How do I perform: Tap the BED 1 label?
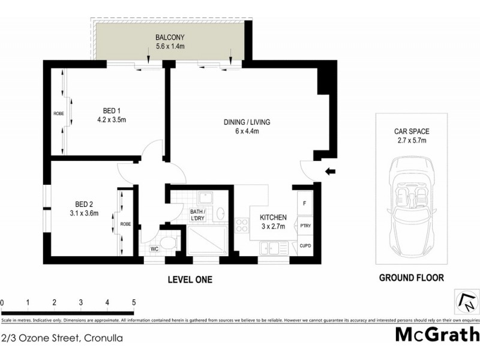tap(112, 111)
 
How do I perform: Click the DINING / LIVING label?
tap(247, 122)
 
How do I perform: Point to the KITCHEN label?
tap(272, 217)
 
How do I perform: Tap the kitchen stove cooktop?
tap(244, 226)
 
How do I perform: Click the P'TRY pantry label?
tap(305, 226)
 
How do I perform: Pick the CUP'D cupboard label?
tap(305, 246)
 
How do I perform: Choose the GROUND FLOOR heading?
tap(411, 278)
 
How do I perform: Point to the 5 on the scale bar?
tap(134, 302)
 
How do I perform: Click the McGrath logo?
tap(436, 335)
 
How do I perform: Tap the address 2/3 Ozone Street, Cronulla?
tap(62, 338)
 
